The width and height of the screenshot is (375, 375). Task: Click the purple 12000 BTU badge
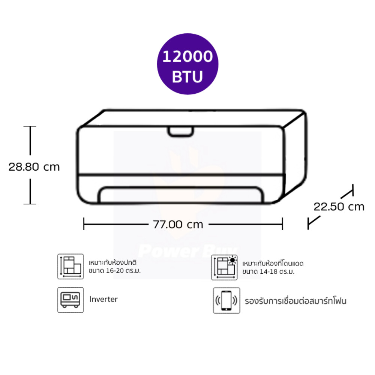point(187,64)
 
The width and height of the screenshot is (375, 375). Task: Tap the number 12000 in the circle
point(187,57)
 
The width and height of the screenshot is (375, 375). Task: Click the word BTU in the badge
point(187,76)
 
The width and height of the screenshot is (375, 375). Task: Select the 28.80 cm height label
point(34,167)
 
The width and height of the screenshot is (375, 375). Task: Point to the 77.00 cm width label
point(178,224)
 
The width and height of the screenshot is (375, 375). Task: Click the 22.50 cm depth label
point(339,207)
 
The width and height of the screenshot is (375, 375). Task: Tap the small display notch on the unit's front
point(181,132)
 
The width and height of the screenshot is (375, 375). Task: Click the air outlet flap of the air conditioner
point(181,194)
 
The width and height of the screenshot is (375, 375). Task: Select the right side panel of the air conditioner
point(295,156)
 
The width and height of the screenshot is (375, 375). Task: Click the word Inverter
point(103,299)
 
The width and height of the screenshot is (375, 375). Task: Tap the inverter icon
point(70,300)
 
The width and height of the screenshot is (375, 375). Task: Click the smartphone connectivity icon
point(226,300)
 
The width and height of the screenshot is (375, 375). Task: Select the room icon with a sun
point(224,267)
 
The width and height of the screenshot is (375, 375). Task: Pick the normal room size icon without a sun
point(70,266)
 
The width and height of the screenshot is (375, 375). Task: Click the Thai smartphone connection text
point(295,301)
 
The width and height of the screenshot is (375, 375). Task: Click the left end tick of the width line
point(84,224)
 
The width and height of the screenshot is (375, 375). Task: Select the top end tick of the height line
point(30,126)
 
